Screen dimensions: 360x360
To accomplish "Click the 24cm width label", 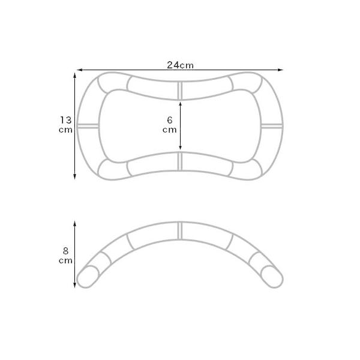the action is (180, 65).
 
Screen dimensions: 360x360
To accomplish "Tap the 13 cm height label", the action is (65, 125).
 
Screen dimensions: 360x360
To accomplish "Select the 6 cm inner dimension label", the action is (170, 125).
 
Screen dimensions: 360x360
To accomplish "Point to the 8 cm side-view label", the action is (65, 256).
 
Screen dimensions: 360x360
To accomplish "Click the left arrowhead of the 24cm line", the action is (79, 70).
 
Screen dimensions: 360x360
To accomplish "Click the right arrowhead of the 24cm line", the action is (280, 70).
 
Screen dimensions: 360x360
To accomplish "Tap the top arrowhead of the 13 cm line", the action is (74, 76).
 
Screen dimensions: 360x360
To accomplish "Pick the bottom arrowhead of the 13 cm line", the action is (74, 176).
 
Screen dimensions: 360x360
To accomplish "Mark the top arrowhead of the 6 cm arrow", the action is (180, 104).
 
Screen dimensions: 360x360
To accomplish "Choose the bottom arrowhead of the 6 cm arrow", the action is (180, 148).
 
